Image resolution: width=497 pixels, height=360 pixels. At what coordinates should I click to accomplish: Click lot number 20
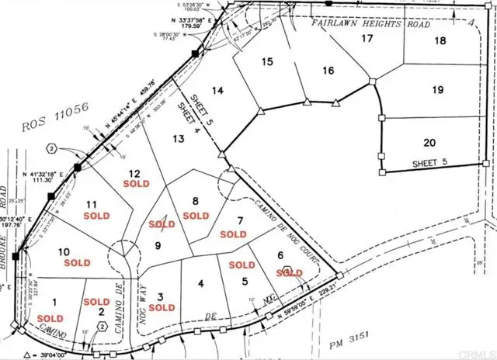[x=429, y=142]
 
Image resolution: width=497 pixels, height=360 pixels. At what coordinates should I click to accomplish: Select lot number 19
[x=438, y=90]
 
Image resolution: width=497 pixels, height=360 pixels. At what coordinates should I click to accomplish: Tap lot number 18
[x=441, y=40]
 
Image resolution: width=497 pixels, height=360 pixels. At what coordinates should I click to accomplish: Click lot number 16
[x=328, y=71]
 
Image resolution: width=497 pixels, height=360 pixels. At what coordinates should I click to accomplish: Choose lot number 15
[x=269, y=61]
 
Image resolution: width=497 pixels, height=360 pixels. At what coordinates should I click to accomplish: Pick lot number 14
[x=218, y=91]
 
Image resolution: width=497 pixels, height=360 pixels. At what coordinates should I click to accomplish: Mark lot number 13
[x=180, y=138]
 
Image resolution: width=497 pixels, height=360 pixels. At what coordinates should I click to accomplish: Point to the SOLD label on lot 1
[x=50, y=318]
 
